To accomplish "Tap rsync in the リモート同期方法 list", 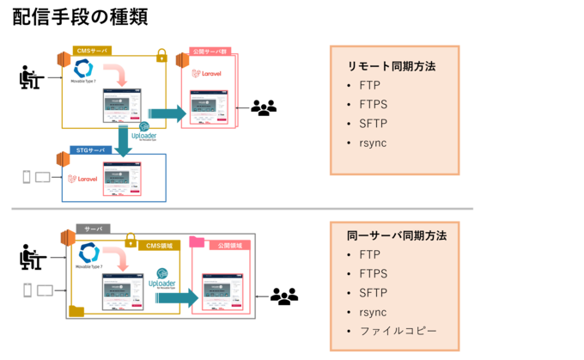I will point(373,142).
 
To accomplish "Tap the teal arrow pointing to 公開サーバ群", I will point(166,113).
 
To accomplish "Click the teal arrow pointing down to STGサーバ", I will point(126,140).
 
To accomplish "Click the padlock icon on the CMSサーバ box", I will point(161,55).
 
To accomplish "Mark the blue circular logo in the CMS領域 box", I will point(88,253).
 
